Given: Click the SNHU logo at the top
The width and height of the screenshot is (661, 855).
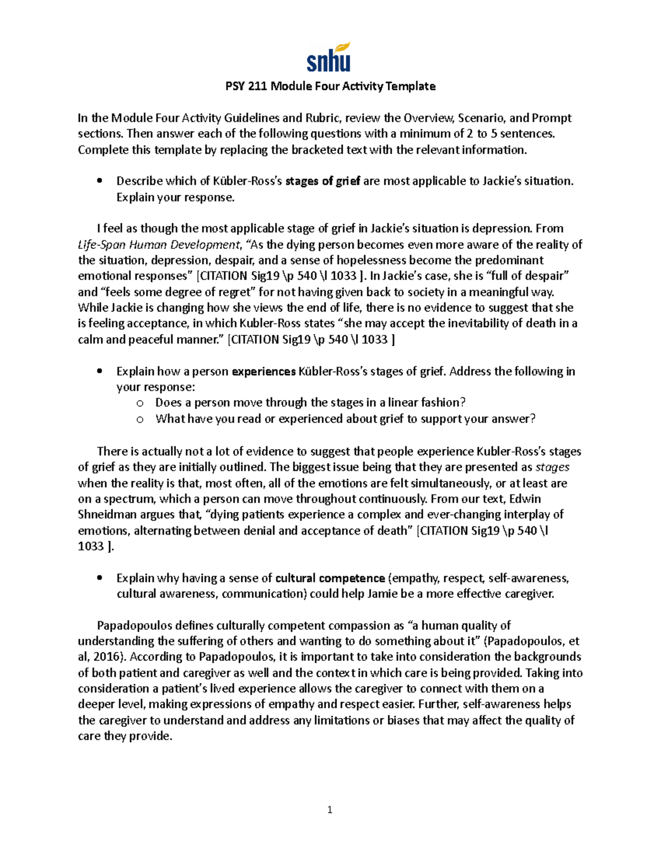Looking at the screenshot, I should tap(329, 58).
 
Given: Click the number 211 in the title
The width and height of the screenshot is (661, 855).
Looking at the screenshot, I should tap(258, 86).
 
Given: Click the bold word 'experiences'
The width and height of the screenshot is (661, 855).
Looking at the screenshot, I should tap(264, 372).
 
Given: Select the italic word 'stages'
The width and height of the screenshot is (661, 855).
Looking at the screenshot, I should tap(552, 467).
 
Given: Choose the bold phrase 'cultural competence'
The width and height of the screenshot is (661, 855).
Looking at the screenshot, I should tap(330, 578).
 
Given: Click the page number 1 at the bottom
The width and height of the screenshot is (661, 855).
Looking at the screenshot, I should tap(329, 810).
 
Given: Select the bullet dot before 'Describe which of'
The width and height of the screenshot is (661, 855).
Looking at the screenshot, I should tap(100, 181).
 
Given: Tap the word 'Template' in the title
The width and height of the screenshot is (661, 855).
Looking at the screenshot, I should tap(410, 86).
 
